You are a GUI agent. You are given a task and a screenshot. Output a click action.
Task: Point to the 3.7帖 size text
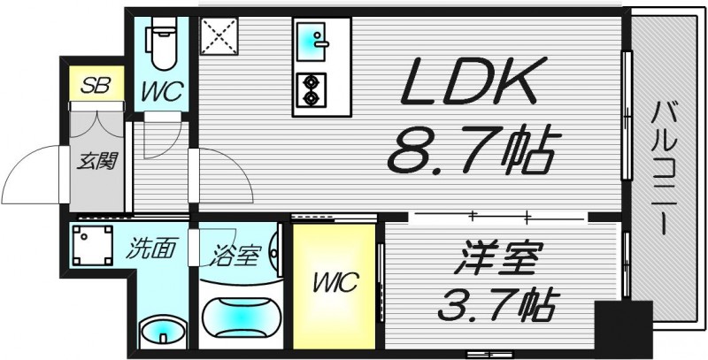[x=496, y=305]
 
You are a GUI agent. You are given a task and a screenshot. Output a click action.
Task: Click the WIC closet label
[x=334, y=283]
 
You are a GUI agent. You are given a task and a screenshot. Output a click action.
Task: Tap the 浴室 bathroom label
[x=235, y=256]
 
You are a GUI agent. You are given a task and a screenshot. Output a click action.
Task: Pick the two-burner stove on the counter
[x=312, y=86]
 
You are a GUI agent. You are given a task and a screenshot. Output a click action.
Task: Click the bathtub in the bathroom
[x=239, y=318]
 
